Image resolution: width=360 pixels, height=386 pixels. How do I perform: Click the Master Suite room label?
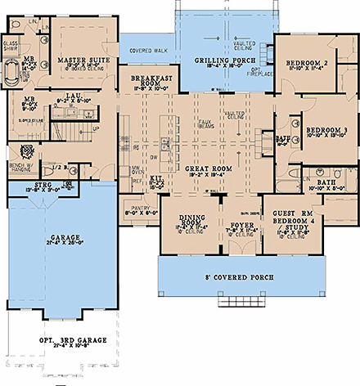81,56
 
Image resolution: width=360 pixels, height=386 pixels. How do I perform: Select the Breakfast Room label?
148,79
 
